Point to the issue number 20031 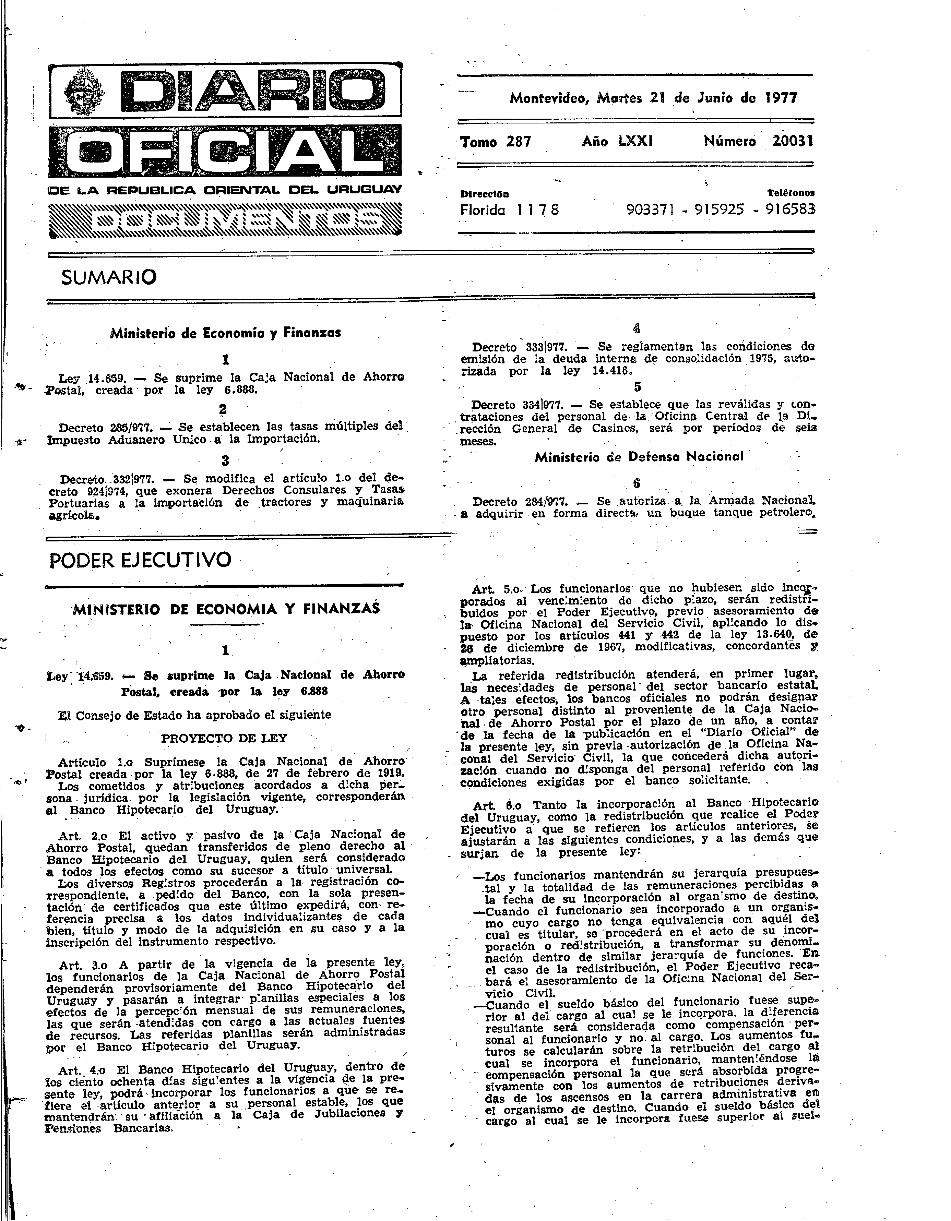tap(793, 142)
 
